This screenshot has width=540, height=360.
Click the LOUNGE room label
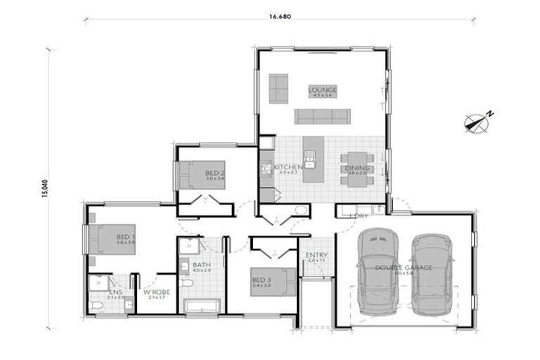coord(323,90)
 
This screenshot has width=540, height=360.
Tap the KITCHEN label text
coord(288,167)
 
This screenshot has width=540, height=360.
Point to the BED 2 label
coord(214,173)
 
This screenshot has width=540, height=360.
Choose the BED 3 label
coord(261,282)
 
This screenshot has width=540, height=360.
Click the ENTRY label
coord(313,255)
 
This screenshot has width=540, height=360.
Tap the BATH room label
coord(201,265)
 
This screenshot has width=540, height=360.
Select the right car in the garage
coord(431,274)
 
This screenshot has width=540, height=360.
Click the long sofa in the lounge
coord(321,116)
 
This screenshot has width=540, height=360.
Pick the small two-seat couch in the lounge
coord(278,89)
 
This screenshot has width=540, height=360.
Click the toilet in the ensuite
coord(97,305)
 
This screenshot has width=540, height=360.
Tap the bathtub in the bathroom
coord(201,306)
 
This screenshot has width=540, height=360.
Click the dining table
coord(358,169)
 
